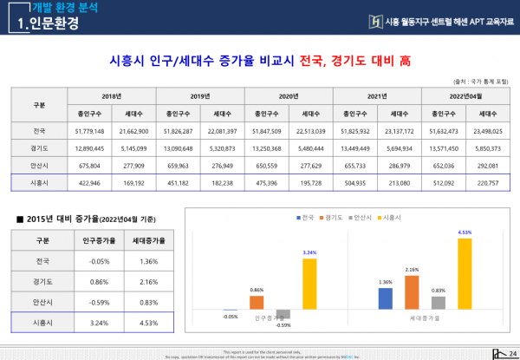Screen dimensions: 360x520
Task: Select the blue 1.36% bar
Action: point(387,299)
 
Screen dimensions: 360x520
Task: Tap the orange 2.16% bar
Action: point(413,292)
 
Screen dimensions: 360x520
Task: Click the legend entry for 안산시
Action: point(359,217)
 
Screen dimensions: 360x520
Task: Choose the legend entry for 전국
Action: point(304,217)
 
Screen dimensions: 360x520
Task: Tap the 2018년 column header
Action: point(113,95)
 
